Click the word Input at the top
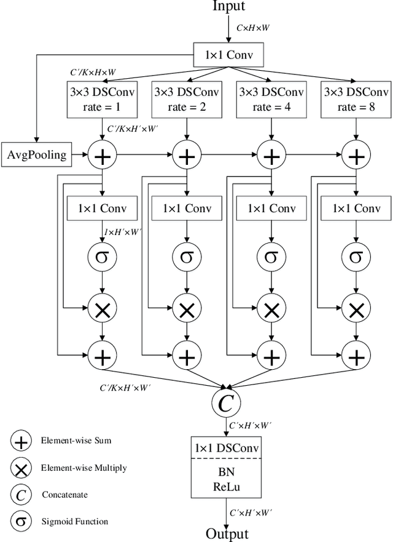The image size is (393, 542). pos(229,7)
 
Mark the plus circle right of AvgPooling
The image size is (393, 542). pos(103,154)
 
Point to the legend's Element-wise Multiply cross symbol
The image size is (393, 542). pos(21,468)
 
